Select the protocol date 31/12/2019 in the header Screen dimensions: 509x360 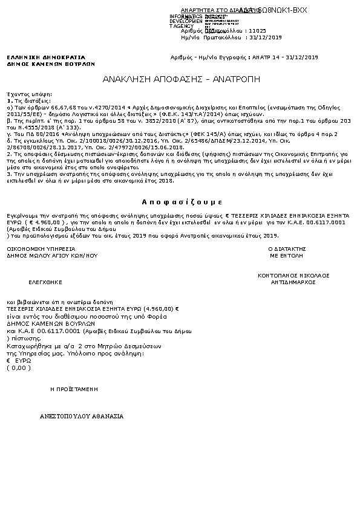pos(267,37)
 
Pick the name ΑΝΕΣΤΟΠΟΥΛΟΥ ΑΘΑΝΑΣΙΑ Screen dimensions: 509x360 pos(82,417)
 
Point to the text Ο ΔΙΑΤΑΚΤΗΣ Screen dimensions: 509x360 pos(286,248)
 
